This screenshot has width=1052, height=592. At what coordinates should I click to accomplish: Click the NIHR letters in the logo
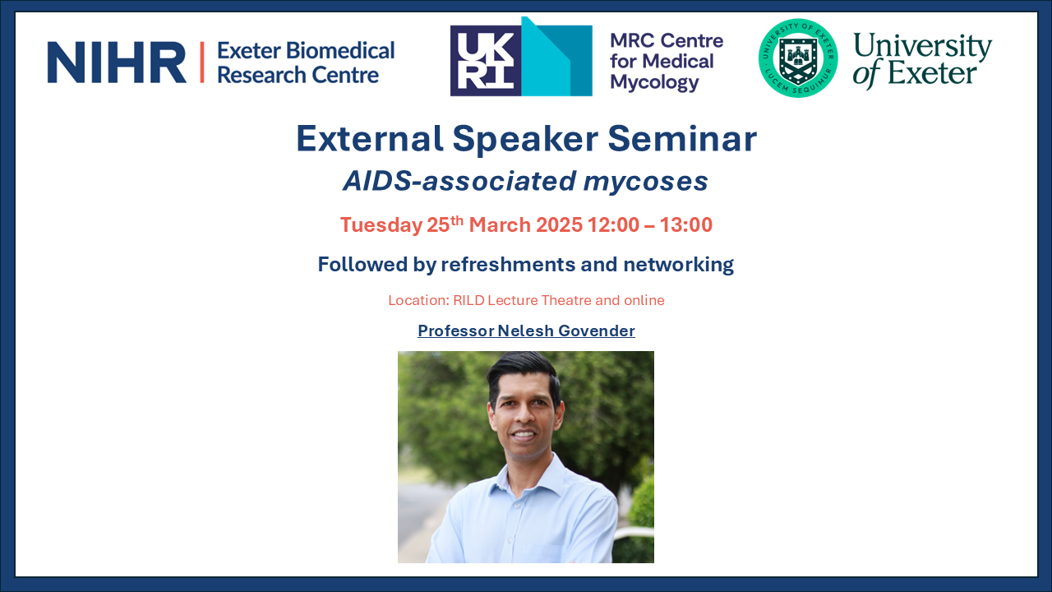pos(117,62)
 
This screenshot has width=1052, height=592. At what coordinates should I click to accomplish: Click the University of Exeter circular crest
pos(798,58)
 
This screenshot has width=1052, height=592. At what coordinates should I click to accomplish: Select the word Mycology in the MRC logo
pos(655,82)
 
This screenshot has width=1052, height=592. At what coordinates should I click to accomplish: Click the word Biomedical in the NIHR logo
pos(340,51)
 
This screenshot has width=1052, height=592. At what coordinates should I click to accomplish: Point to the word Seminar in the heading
pos(682,139)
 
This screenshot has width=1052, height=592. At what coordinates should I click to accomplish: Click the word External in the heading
pos(370,139)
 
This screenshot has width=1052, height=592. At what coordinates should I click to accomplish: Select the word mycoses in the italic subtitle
pos(645,182)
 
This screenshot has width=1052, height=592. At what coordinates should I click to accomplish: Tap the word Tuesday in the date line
pos(381,225)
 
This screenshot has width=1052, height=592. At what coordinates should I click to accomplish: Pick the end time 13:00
pos(685,224)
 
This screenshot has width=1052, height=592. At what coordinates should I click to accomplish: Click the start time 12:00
pos(613,224)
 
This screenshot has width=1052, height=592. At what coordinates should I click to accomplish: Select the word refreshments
pos(508,265)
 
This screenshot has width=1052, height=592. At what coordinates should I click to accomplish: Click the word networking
pos(678,265)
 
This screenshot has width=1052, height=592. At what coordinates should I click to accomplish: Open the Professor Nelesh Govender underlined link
pos(526,331)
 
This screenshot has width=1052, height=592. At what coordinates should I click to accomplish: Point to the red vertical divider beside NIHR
pos(202,62)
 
